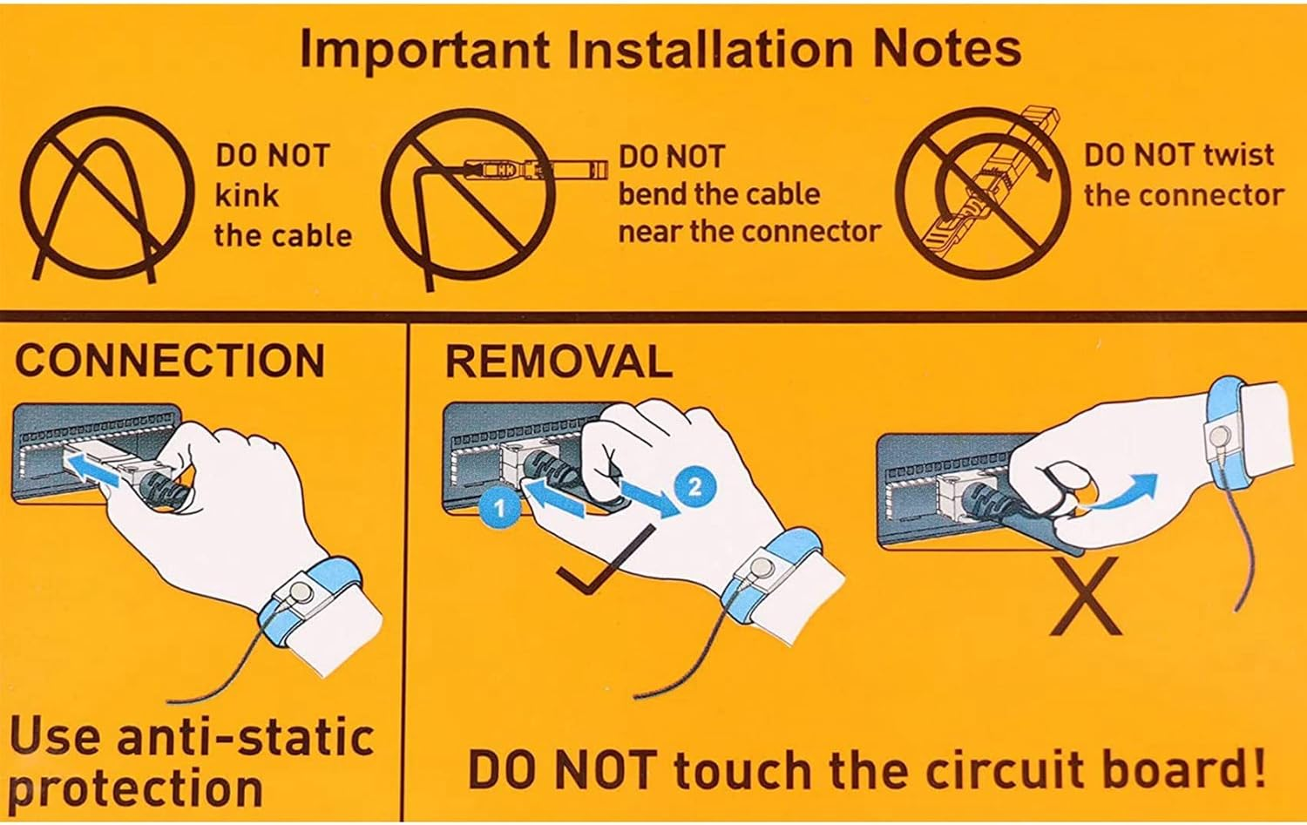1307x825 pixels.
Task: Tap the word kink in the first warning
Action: coord(247,195)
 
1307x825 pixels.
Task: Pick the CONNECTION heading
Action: coord(170,360)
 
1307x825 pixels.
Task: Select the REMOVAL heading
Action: coord(559,362)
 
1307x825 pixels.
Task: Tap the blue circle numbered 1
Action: coord(499,509)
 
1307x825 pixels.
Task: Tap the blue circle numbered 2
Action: coord(694,485)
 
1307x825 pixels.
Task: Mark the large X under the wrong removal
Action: coord(1086,595)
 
